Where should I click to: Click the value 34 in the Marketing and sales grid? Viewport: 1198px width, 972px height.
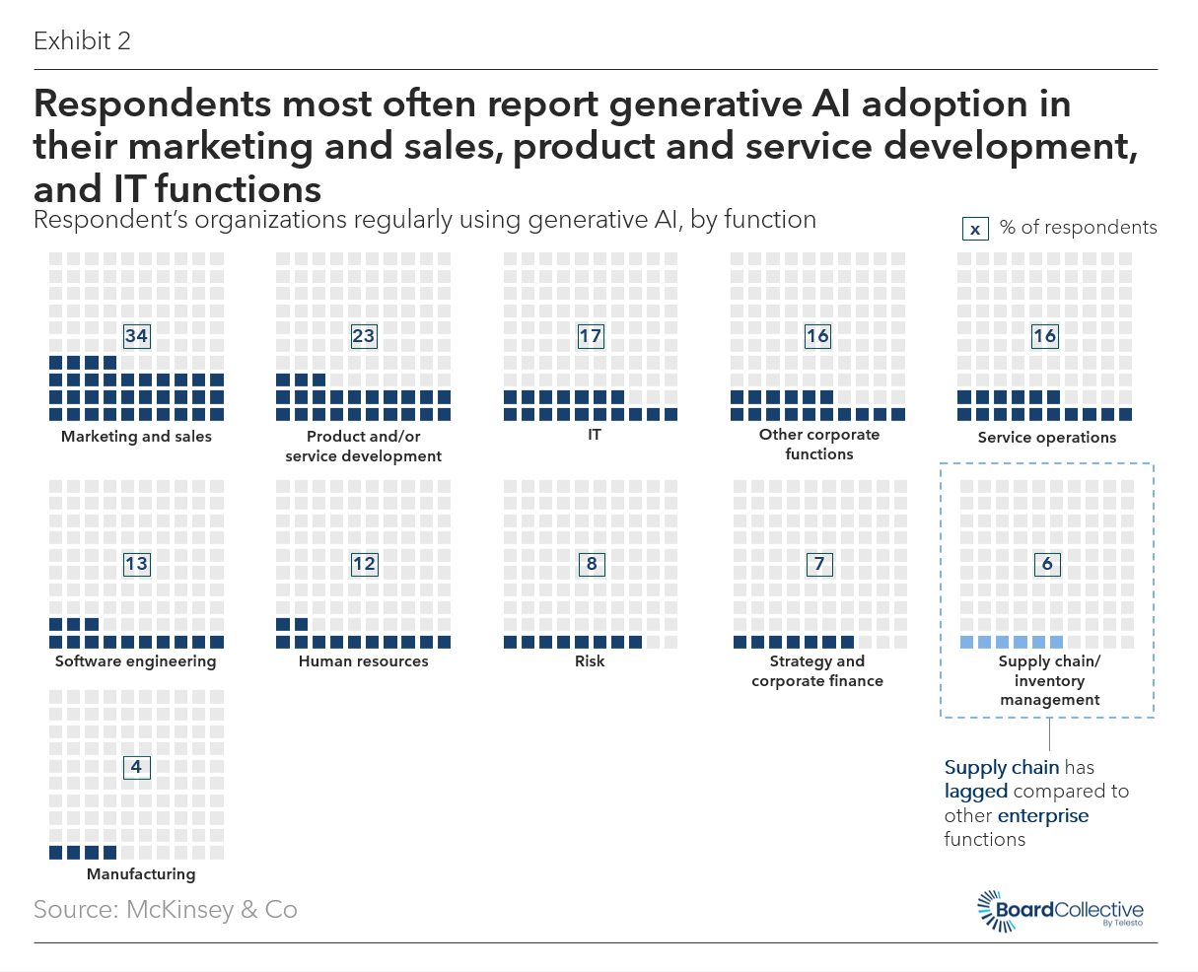136,336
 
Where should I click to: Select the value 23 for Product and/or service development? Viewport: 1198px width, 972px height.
363,336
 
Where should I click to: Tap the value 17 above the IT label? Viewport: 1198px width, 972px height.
590,336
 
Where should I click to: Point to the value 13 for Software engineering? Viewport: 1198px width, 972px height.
136,564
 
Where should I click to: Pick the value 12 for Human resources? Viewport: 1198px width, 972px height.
364,564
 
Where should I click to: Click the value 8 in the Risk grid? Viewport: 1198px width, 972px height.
592,564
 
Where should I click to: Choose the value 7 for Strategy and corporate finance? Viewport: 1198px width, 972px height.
819,564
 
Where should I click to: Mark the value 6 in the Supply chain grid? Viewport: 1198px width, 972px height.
1047,564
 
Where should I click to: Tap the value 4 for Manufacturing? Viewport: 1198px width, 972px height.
136,767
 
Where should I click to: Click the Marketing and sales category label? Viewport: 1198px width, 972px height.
136,437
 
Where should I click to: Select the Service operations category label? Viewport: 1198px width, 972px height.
1047,438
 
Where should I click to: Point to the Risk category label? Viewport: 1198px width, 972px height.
590,661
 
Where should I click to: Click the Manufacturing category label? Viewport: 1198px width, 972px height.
141,874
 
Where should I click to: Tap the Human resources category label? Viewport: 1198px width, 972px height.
364,661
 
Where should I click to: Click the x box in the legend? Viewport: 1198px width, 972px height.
975,229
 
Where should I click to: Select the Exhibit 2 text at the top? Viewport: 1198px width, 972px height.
82,41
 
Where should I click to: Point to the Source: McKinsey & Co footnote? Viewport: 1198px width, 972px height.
166,909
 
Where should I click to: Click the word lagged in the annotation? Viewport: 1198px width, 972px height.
976,792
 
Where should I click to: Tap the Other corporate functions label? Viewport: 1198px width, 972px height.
819,445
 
